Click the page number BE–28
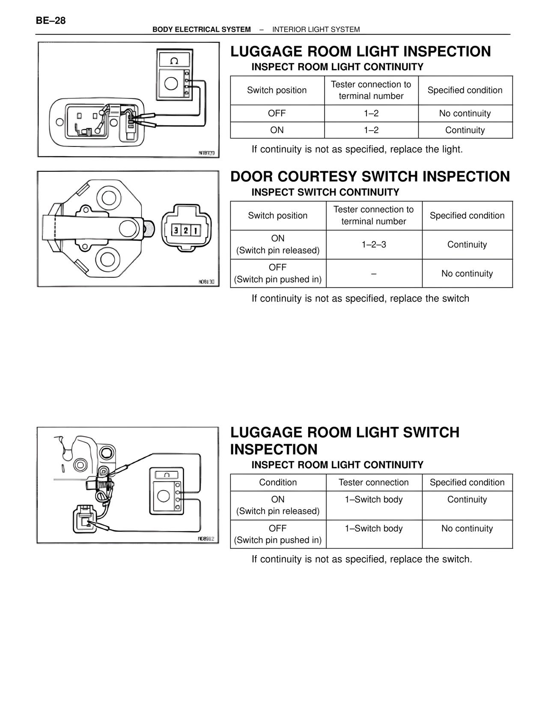51,21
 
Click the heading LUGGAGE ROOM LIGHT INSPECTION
360,51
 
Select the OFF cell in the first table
277,113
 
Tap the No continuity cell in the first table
465,113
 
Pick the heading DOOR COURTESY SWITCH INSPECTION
370,176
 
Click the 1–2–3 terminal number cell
374,244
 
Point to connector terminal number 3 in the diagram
176,230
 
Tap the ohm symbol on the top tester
174,61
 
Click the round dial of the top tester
171,83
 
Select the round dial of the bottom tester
164,496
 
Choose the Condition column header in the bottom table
278,483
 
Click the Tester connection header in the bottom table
374,483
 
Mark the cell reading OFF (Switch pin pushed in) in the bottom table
278,534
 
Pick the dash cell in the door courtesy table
374,273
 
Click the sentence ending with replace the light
357,149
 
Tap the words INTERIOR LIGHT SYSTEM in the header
316,30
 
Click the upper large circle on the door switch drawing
108,198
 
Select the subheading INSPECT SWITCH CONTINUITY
325,192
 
